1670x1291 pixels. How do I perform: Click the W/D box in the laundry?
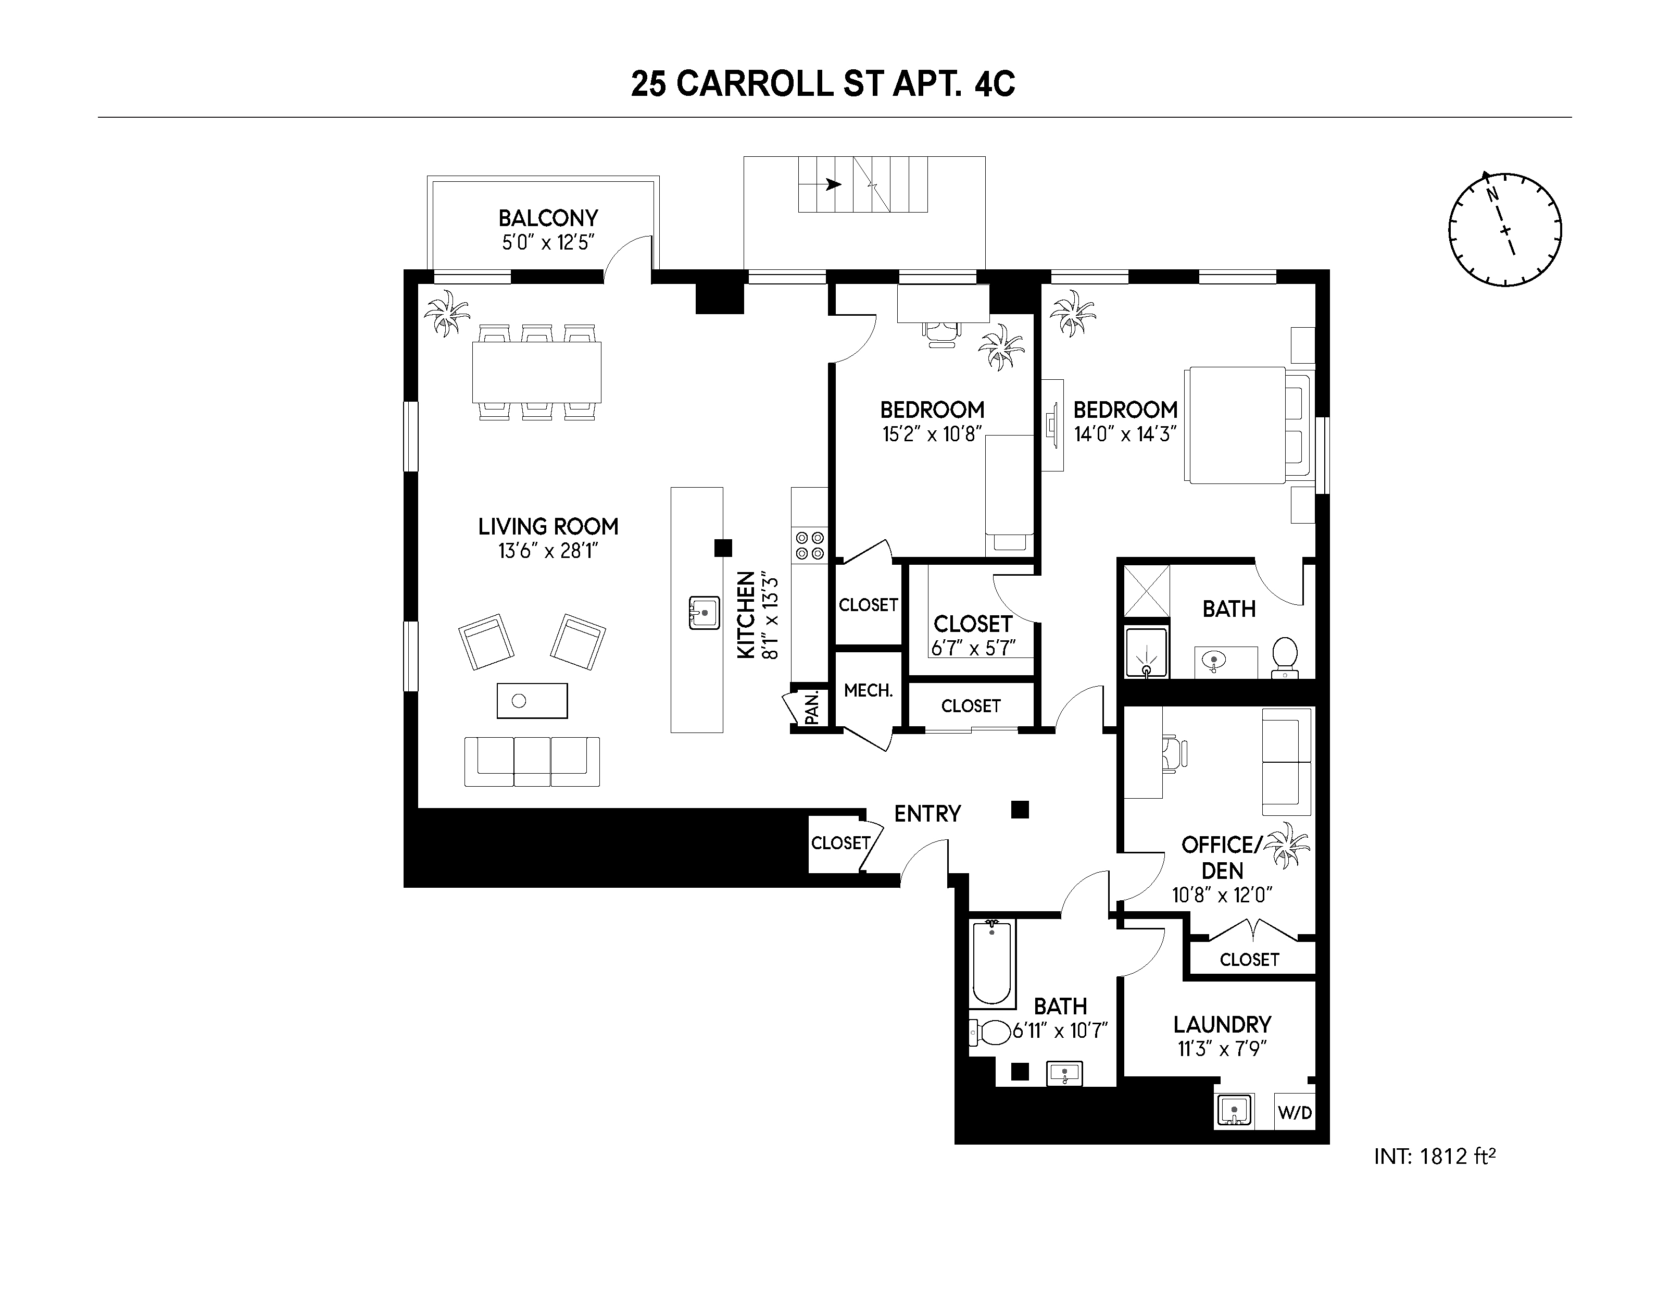[x=1295, y=1113]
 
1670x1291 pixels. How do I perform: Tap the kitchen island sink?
[x=704, y=613]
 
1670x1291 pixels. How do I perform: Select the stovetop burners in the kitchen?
[x=810, y=544]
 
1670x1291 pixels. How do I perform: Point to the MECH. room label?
[x=868, y=691]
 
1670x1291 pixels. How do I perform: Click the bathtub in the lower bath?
[x=992, y=964]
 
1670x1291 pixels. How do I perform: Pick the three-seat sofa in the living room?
[x=532, y=761]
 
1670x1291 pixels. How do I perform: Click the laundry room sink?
[x=1233, y=1111]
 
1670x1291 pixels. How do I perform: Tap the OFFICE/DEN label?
[x=1221, y=858]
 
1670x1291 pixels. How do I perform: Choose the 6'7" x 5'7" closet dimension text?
[x=973, y=648]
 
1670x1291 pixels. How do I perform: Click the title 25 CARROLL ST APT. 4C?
[x=823, y=84]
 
